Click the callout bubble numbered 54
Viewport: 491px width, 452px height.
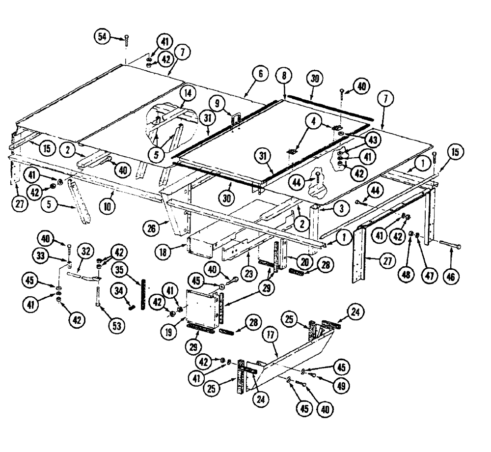[x=102, y=36]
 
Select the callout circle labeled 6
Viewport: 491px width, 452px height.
[x=260, y=74]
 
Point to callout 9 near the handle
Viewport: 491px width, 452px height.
[x=215, y=104]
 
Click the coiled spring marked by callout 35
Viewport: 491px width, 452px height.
[x=143, y=294]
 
